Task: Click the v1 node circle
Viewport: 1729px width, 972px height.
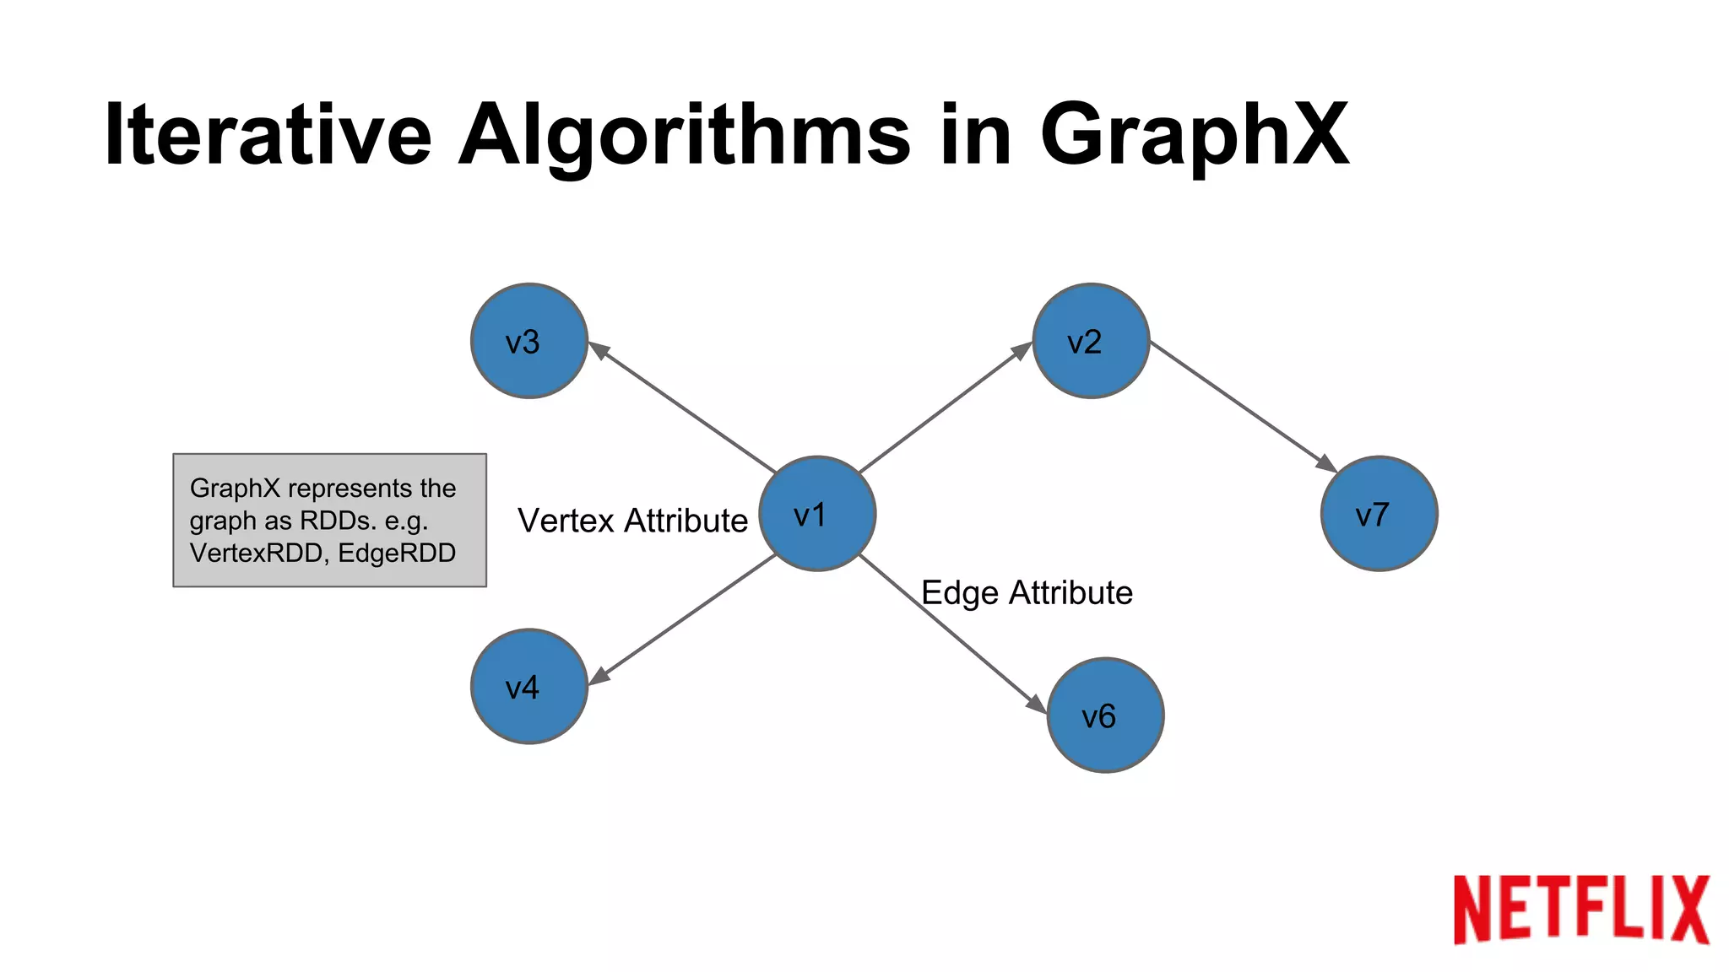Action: [x=817, y=513]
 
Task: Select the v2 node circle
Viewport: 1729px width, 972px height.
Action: [x=1091, y=341]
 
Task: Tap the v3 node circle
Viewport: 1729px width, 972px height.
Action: [x=529, y=341]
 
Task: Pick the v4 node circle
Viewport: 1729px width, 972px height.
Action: [x=529, y=686]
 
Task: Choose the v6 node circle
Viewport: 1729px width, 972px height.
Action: [x=1105, y=715]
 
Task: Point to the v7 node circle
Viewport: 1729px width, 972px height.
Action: [x=1379, y=513]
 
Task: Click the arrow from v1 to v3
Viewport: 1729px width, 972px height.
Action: [x=682, y=407]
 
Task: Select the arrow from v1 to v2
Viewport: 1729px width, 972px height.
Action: [x=945, y=408]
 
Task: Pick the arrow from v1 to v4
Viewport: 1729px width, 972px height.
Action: [x=682, y=618]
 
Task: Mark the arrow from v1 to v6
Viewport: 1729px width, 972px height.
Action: [x=952, y=634]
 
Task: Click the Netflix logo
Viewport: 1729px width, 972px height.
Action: [x=1580, y=909]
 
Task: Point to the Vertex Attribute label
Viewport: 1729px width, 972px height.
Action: [x=632, y=521]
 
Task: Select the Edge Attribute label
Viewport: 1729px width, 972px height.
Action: [x=1027, y=592]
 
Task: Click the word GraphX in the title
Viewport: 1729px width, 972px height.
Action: [x=1194, y=135]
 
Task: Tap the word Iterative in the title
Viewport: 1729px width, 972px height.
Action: [x=268, y=135]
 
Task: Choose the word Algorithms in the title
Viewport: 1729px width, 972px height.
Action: [x=685, y=135]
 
